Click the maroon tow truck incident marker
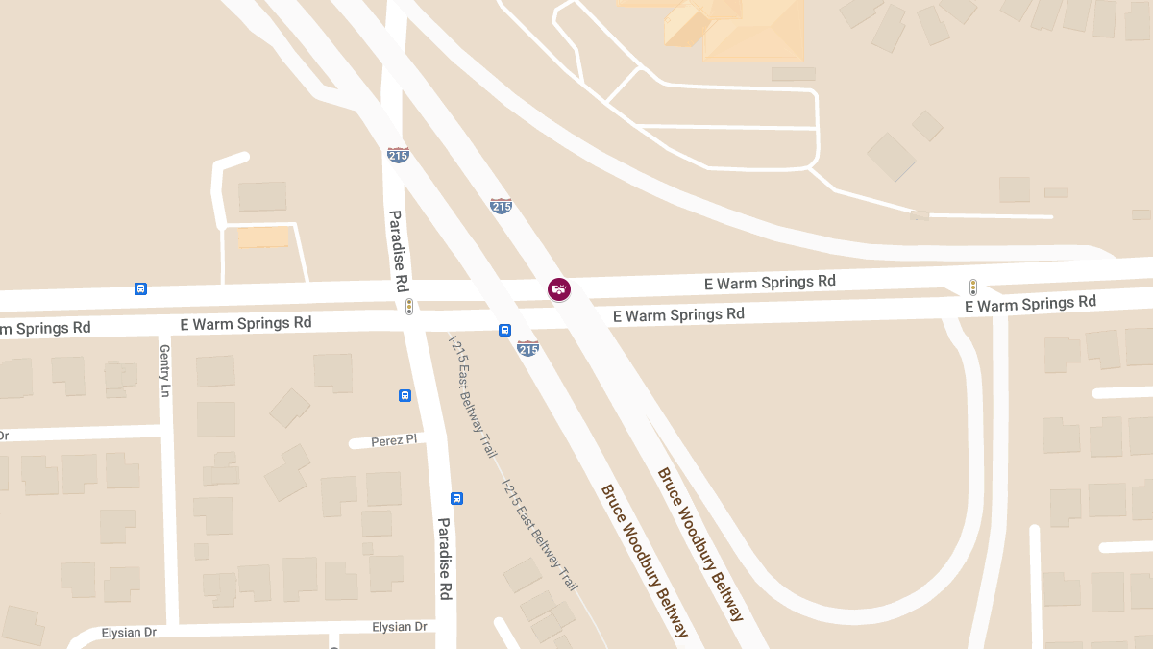[x=558, y=288]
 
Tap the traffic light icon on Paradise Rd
[x=409, y=307]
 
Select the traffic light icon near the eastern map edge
[x=972, y=287]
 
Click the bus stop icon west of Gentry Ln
[x=140, y=288]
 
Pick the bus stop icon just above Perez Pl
[x=405, y=395]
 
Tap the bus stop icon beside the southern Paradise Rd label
[x=456, y=498]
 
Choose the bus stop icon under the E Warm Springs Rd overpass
[x=504, y=330]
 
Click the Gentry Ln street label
[x=164, y=371]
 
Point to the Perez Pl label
[x=395, y=439]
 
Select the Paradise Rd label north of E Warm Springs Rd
[x=396, y=251]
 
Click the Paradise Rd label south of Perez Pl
[x=445, y=559]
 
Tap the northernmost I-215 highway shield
[x=398, y=154]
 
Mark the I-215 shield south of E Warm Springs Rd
[x=527, y=348]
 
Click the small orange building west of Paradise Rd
[x=262, y=237]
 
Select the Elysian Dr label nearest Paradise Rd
[x=399, y=627]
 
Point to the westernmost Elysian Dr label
[x=129, y=633]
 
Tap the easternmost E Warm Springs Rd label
[x=1030, y=304]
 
